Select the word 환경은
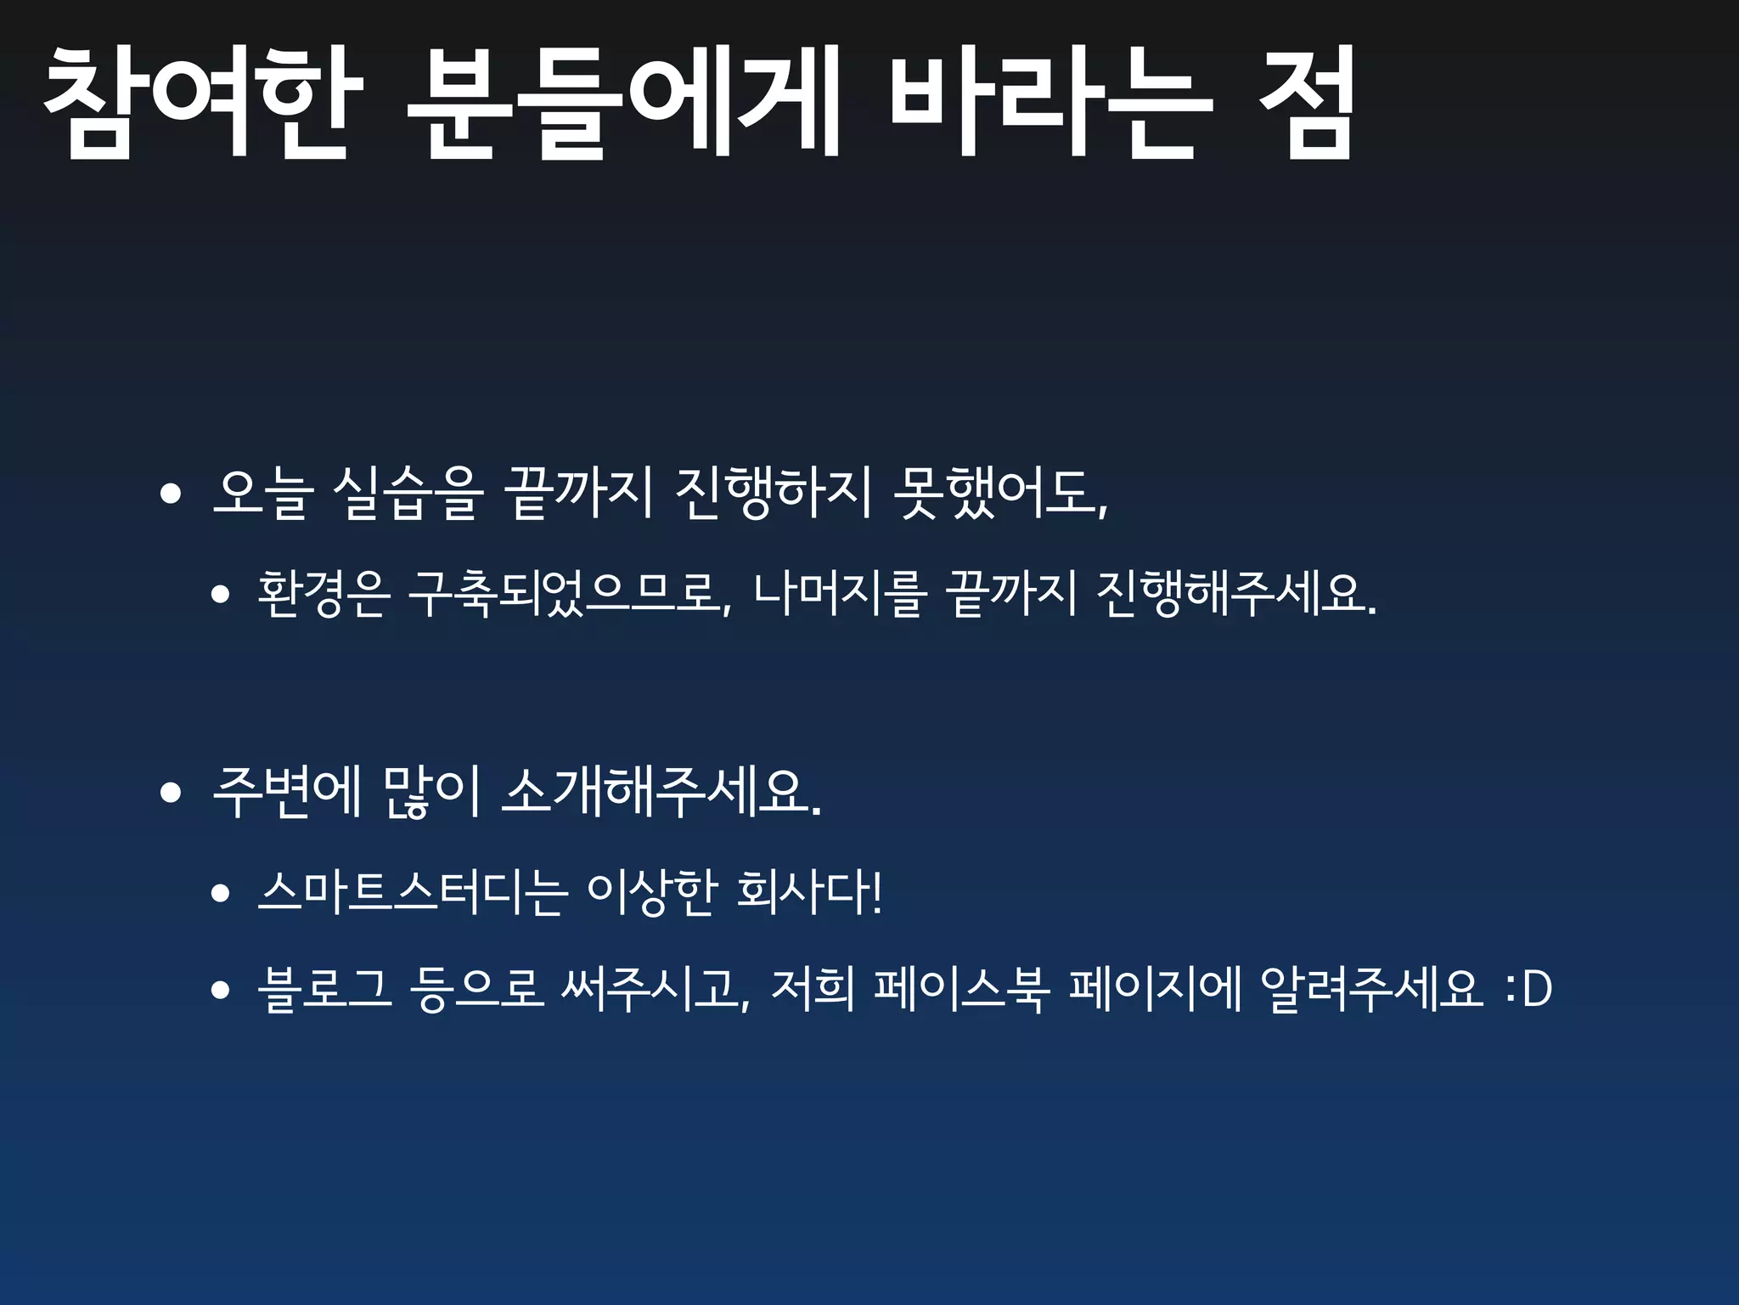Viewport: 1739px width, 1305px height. click(x=324, y=593)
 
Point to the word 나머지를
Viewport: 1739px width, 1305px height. click(x=837, y=593)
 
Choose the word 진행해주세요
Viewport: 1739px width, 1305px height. click(x=1235, y=593)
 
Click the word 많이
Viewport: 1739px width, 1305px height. click(x=432, y=792)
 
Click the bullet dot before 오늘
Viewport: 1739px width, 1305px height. click(x=171, y=494)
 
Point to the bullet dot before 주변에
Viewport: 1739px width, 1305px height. click(x=171, y=793)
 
